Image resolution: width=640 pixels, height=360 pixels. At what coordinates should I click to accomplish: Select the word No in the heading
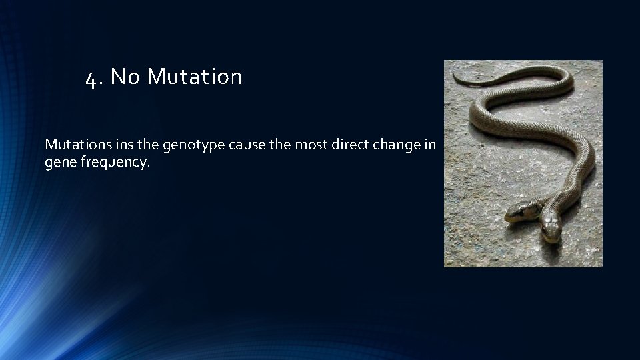pyautogui.click(x=125, y=77)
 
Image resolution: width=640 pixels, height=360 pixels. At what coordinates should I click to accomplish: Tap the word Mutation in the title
pyautogui.click(x=194, y=77)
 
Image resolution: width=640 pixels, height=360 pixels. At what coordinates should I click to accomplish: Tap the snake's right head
pyautogui.click(x=549, y=227)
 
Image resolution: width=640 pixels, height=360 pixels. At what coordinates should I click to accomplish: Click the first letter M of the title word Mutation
pyautogui.click(x=155, y=77)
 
